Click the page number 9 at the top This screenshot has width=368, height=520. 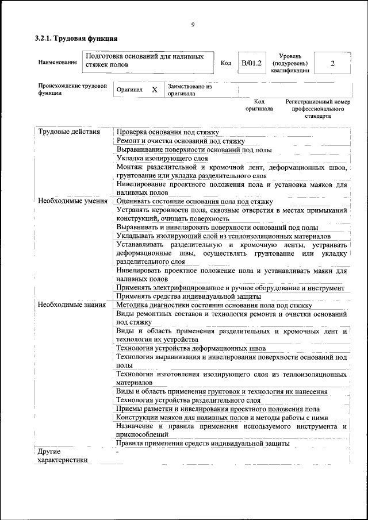[193, 24]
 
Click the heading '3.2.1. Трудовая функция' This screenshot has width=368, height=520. [76, 39]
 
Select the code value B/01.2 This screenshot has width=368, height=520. [251, 63]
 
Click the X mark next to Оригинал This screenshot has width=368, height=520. [154, 90]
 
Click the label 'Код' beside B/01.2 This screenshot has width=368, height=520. [226, 63]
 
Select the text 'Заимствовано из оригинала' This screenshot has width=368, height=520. [190, 90]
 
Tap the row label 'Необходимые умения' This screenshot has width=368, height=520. [72, 201]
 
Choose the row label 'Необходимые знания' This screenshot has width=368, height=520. [72, 305]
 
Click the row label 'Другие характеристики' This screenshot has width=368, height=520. [63, 456]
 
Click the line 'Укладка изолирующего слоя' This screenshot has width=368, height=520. [162, 158]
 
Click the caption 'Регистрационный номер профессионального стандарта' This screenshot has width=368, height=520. [317, 108]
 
